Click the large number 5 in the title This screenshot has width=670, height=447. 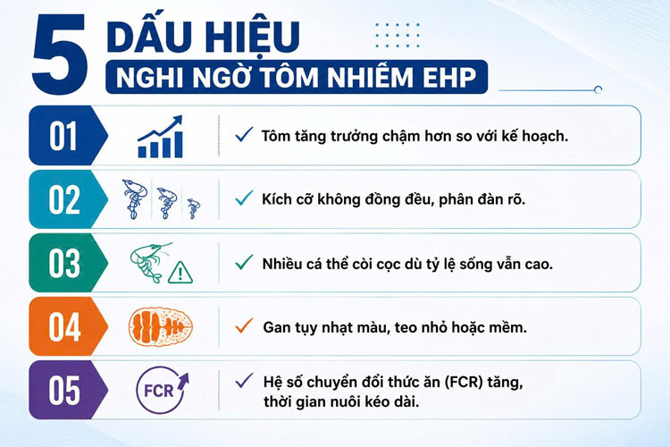click(60, 54)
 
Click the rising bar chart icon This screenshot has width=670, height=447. click(160, 137)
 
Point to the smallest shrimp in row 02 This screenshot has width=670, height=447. click(194, 208)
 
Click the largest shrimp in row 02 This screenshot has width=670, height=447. click(135, 199)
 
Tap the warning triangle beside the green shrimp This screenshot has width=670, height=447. click(180, 273)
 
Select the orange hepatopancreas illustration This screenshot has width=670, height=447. click(161, 327)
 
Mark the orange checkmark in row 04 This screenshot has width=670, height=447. click(244, 326)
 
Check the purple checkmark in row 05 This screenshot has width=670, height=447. click(244, 380)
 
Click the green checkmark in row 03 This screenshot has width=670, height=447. click(244, 262)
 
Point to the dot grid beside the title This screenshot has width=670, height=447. click(398, 35)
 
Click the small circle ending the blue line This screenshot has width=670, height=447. click(599, 89)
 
